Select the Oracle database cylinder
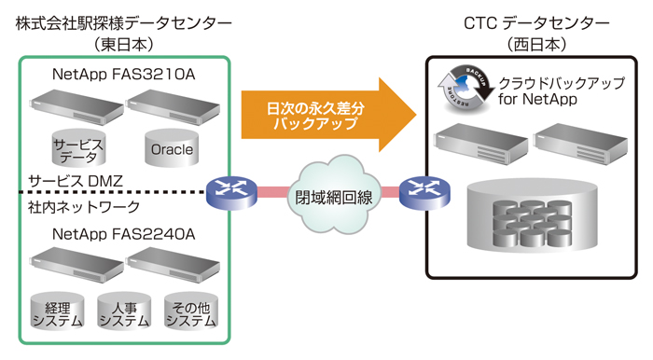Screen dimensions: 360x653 click(171, 147)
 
